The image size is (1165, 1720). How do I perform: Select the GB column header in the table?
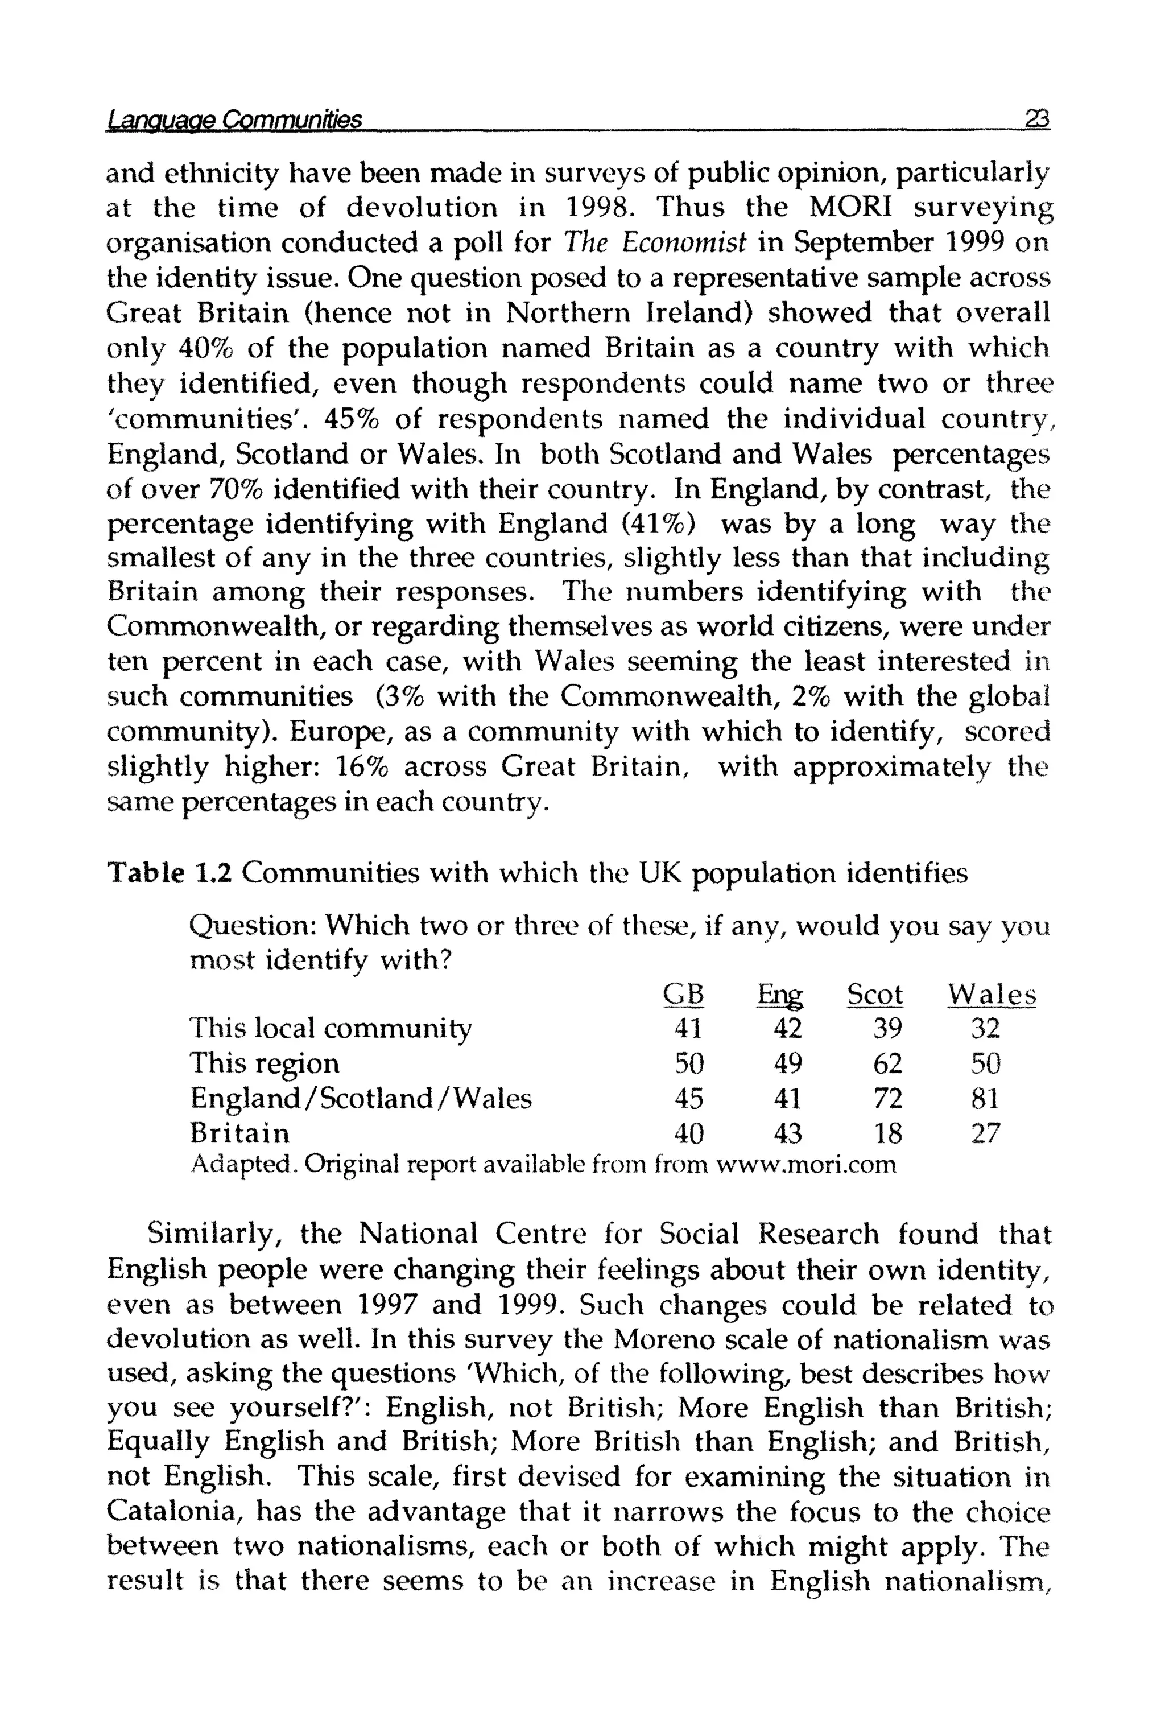pyautogui.click(x=683, y=994)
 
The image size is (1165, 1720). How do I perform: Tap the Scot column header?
pyautogui.click(x=875, y=994)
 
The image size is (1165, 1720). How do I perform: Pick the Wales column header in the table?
pyautogui.click(x=992, y=994)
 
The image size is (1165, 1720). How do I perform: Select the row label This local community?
pyautogui.click(x=330, y=1028)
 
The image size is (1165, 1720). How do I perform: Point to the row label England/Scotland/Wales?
pyautogui.click(x=361, y=1098)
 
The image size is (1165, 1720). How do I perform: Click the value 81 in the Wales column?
pyautogui.click(x=985, y=1098)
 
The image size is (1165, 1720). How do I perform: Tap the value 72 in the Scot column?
pyautogui.click(x=887, y=1098)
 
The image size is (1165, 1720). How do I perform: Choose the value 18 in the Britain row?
pyautogui.click(x=887, y=1132)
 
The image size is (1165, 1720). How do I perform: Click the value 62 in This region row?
pyautogui.click(x=887, y=1063)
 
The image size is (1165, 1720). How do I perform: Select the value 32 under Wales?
pyautogui.click(x=985, y=1028)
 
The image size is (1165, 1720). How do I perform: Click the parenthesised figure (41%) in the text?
pyautogui.click(x=659, y=524)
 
